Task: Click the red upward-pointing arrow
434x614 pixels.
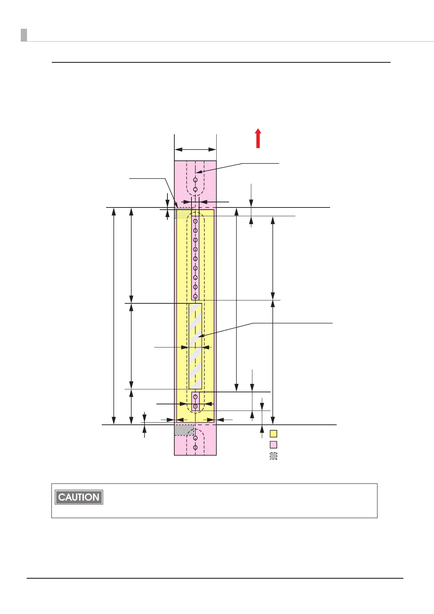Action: coord(258,139)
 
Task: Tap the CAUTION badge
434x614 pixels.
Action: coord(79,497)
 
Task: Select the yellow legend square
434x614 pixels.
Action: coord(273,434)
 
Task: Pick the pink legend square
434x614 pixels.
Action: coord(273,444)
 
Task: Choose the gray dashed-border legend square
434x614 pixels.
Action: coord(273,456)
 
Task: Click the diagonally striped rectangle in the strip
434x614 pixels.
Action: coord(195,346)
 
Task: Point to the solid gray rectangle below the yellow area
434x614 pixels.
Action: coord(184,430)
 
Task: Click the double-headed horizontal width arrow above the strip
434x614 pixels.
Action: coord(195,149)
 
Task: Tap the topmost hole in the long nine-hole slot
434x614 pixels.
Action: coord(195,221)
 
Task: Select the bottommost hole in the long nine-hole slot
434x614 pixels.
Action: coord(195,296)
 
